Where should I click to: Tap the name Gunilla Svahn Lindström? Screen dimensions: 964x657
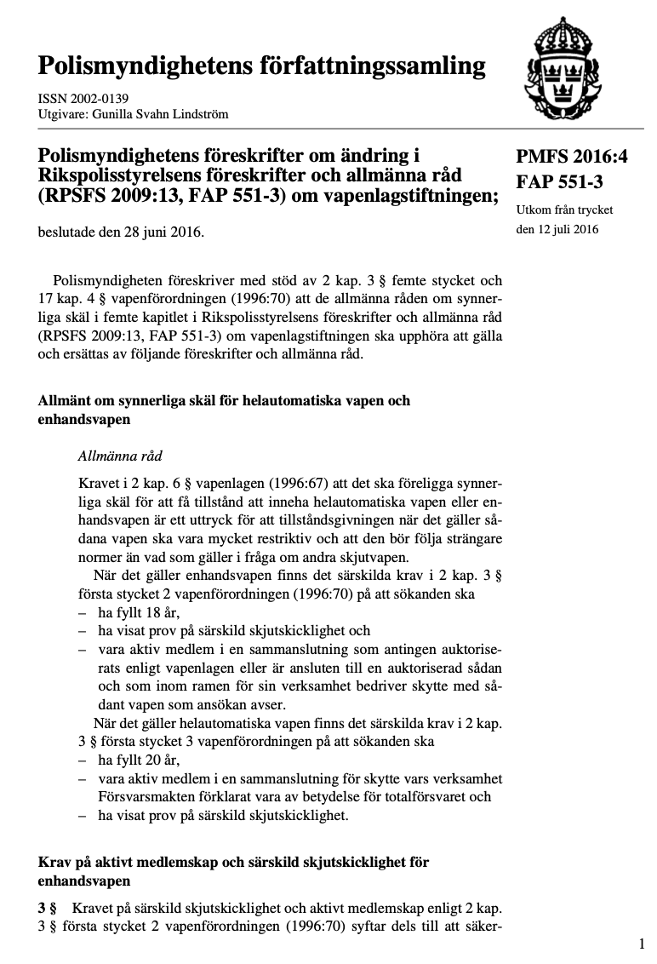157,113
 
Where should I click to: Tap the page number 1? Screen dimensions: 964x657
642,944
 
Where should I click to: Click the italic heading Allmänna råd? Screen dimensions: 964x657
119,456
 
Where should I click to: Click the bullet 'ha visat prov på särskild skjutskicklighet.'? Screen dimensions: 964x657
223,815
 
